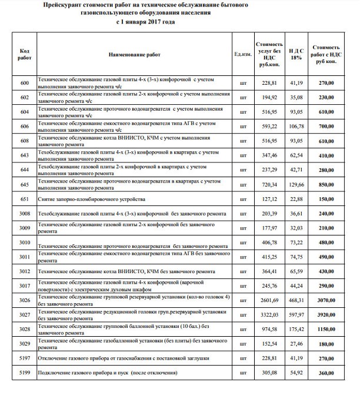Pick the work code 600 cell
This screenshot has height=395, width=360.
click(x=24, y=83)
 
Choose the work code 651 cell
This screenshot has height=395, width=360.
click(x=24, y=200)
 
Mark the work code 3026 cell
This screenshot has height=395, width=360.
click(x=24, y=300)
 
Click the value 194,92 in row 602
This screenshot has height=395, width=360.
click(x=269, y=97)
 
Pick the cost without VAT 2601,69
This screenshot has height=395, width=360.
click(x=269, y=300)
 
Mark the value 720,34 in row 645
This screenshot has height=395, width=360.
click(x=269, y=185)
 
